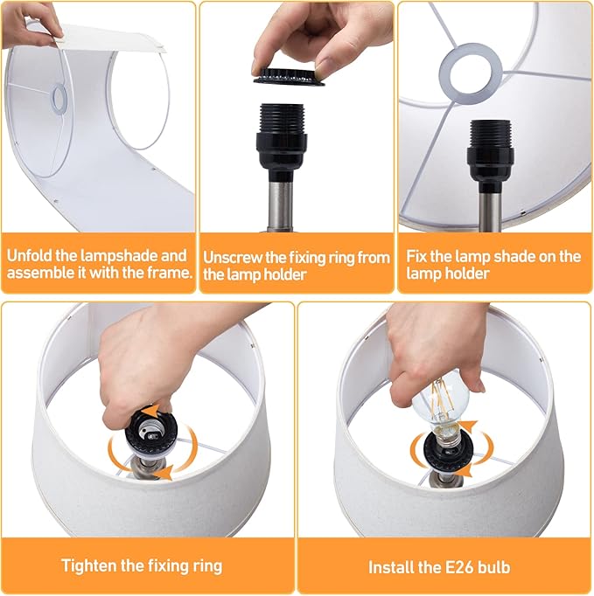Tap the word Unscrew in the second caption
tap(233, 258)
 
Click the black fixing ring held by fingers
tap(289, 77)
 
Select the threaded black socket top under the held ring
tap(281, 118)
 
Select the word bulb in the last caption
tap(491, 567)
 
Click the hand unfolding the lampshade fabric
tap(31, 24)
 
